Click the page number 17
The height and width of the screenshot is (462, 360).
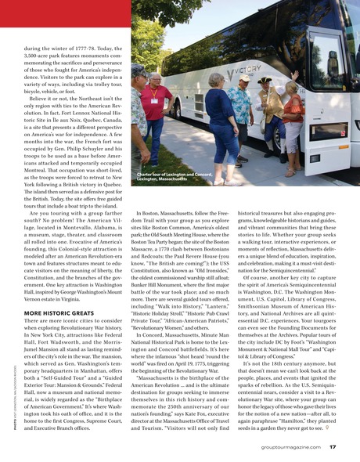click(x=333, y=447)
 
